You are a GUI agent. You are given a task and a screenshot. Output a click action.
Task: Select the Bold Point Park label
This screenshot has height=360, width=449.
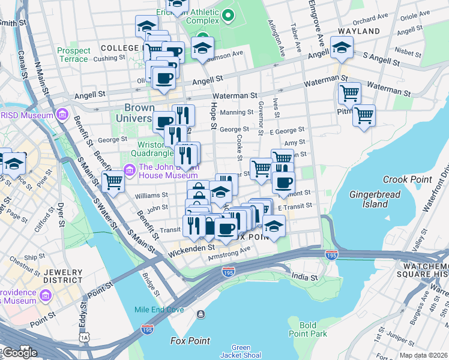307,329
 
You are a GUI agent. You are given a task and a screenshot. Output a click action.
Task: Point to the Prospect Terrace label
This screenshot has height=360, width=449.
74,55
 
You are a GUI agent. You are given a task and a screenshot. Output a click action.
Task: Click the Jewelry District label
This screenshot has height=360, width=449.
62,275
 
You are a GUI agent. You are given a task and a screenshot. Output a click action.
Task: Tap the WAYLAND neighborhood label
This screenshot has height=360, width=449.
358,31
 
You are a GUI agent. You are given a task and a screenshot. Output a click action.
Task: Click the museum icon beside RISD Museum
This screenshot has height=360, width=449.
62,114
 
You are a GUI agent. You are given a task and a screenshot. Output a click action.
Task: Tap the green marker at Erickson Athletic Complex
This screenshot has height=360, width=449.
228,16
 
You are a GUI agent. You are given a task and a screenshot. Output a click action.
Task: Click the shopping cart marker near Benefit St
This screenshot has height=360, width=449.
112,180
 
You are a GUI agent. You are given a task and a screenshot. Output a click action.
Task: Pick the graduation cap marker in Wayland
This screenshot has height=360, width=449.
342,47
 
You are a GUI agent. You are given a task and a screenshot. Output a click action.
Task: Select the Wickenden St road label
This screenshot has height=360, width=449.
193,247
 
